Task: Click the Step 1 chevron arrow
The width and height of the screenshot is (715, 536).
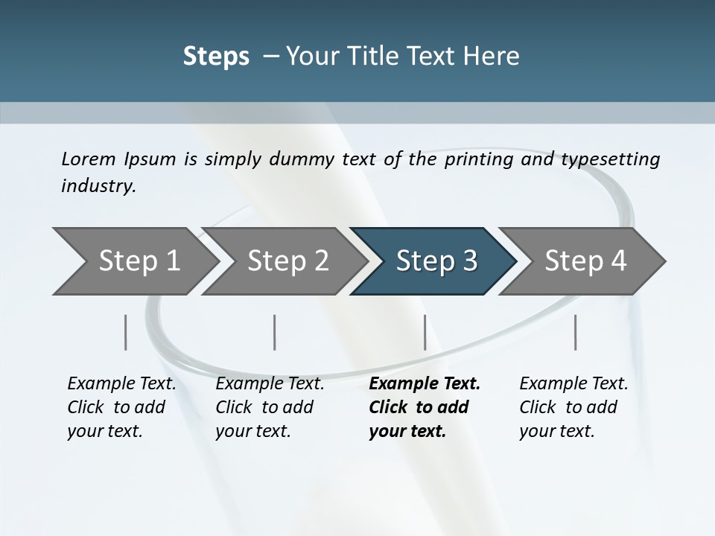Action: tap(139, 261)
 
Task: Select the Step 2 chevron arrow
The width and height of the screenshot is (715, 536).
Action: tap(288, 261)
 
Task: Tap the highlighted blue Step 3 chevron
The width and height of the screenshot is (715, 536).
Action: tap(436, 261)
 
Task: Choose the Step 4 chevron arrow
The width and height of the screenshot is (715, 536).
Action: tap(585, 261)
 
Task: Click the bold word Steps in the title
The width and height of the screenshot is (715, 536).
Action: tap(216, 56)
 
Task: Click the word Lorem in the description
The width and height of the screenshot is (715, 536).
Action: tap(89, 159)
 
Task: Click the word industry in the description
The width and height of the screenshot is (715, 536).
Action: tap(98, 186)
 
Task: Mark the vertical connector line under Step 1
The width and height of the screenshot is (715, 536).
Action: tap(125, 332)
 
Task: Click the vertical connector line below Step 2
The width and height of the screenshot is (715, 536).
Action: tap(275, 332)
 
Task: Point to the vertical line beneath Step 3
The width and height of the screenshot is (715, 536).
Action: tap(425, 332)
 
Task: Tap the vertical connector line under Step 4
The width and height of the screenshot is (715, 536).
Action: tap(575, 332)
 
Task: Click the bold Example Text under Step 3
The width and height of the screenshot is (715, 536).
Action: tap(425, 383)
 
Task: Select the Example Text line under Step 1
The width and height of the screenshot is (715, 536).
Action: tap(121, 383)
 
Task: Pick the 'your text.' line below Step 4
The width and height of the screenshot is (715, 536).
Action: tap(557, 431)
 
